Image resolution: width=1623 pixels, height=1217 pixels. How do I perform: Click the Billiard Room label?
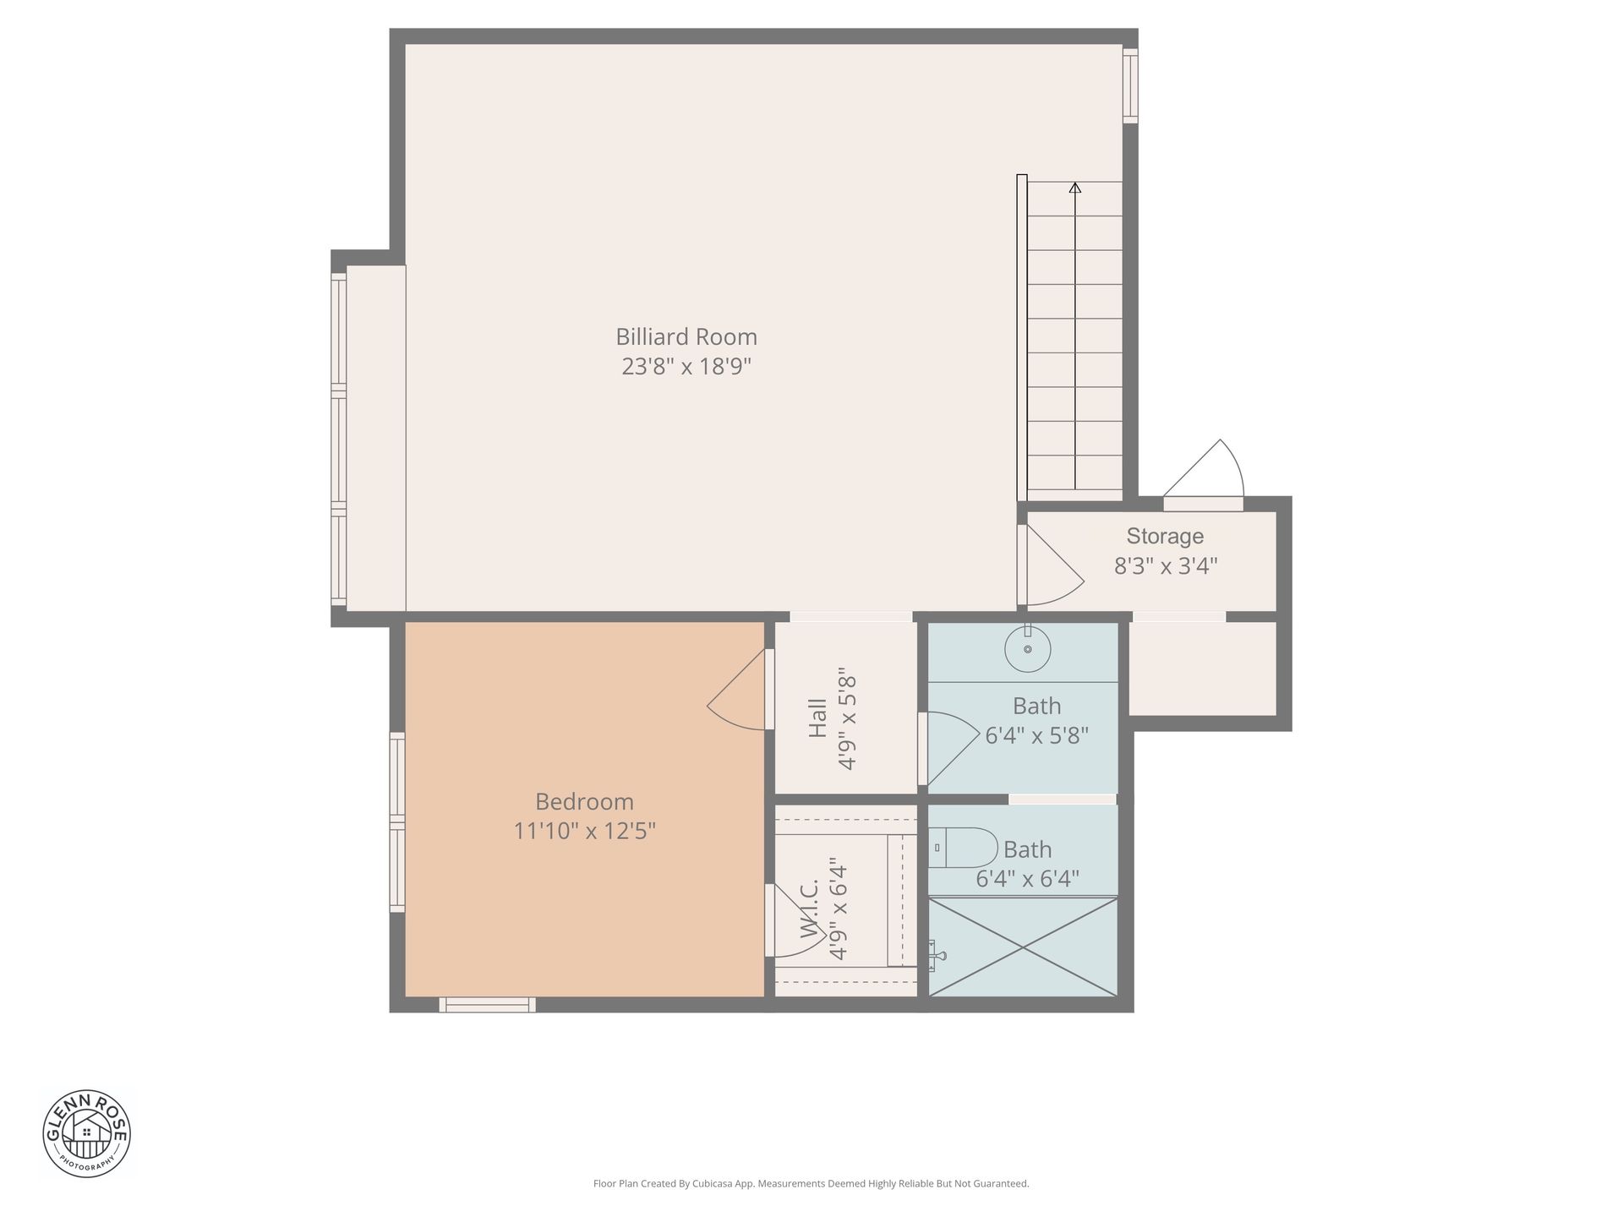click(686, 336)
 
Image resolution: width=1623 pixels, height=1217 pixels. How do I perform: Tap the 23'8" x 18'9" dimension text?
click(686, 366)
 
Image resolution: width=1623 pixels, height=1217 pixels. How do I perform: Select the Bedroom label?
click(584, 801)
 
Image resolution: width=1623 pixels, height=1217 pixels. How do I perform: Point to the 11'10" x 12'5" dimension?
click(584, 831)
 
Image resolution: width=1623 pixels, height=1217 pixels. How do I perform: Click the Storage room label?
click(1165, 536)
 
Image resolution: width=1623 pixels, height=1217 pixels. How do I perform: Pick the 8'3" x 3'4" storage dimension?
click(1165, 565)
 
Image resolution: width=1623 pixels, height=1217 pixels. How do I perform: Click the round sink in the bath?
click(1028, 649)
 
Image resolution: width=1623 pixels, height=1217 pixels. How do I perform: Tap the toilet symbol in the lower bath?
click(963, 848)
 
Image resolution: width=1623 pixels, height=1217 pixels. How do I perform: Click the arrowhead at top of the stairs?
click(1075, 188)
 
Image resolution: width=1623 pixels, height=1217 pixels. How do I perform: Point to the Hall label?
click(817, 717)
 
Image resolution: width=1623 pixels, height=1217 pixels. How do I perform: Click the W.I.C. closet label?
click(810, 909)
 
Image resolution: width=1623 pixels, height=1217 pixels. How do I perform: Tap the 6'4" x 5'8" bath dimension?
click(1036, 735)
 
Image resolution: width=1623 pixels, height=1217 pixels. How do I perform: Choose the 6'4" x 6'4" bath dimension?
click(1027, 879)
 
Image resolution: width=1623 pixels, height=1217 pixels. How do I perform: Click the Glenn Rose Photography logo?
click(87, 1133)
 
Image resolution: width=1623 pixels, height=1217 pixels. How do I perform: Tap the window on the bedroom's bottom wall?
click(487, 1005)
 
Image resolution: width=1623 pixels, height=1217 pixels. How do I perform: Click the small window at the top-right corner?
click(1130, 85)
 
